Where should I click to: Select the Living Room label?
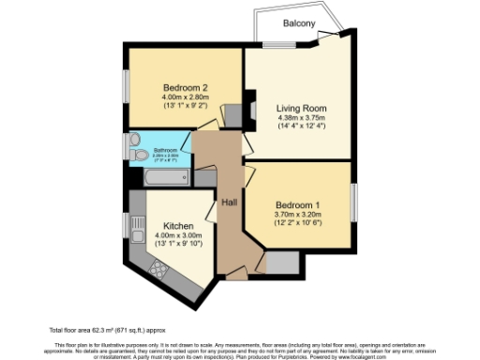[299, 108]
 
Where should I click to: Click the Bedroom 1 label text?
[299, 205]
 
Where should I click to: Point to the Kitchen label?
[178, 227]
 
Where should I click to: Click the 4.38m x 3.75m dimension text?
[299, 118]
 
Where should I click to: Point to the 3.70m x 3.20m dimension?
[299, 216]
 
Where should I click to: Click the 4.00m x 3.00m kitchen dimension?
[178, 237]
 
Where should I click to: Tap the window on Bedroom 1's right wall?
[354, 204]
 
